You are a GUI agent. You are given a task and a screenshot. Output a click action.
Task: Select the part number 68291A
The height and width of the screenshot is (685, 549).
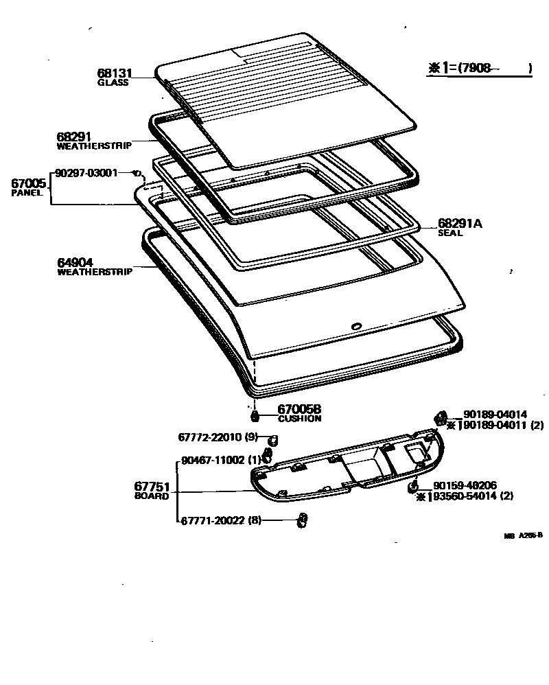tap(460, 224)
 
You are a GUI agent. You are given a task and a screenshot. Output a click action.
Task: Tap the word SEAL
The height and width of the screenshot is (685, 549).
tap(450, 233)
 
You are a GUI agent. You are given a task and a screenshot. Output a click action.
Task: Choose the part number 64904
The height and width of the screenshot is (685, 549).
tap(75, 262)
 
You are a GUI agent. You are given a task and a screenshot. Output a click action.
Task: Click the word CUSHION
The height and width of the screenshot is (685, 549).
tap(299, 418)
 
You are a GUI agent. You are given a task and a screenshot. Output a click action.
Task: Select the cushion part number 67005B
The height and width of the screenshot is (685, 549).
tap(299, 409)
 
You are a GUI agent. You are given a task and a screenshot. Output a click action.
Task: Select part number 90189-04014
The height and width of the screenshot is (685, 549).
tap(495, 414)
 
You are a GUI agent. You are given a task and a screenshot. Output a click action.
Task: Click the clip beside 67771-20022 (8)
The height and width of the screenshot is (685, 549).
tap(300, 520)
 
